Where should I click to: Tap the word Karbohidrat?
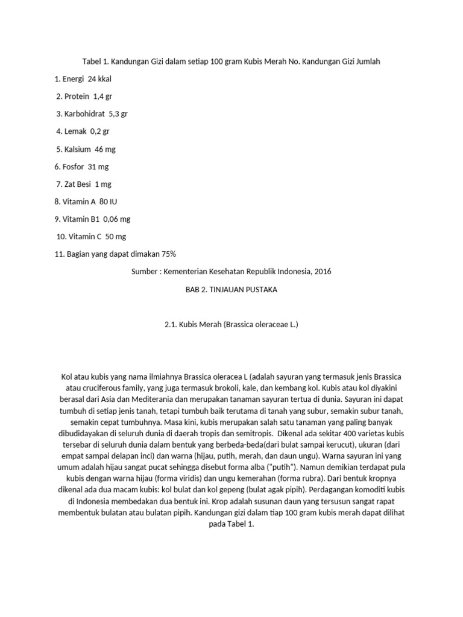pos(84,114)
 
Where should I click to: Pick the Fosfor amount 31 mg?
pos(98,166)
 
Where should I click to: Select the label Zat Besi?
pos(78,184)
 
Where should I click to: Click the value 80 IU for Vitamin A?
pos(108,201)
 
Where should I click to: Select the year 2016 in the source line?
pos(323,271)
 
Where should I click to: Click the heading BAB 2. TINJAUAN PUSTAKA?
pos(231,289)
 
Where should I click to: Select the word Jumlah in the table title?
pos(367,61)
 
